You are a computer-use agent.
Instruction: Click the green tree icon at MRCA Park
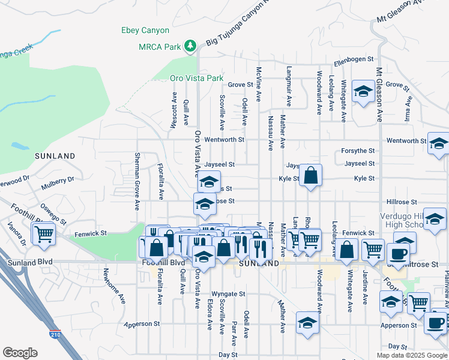tap(190, 46)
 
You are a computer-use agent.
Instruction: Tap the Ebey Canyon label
tap(145, 30)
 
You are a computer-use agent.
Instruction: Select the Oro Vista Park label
tap(196, 79)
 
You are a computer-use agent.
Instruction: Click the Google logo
tap(20, 353)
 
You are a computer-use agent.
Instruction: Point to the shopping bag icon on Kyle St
tap(310, 176)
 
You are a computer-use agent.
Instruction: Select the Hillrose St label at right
tap(397, 202)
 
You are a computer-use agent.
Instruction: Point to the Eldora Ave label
tap(210, 314)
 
